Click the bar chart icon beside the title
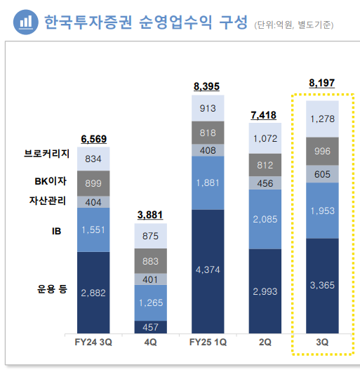[25, 22]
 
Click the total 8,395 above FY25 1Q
[206, 86]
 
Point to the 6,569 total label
[93, 139]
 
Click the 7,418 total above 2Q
[263, 114]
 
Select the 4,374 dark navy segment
[206, 270]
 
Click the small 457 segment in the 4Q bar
[150, 327]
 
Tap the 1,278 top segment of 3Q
[320, 117]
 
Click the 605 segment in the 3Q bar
[320, 174]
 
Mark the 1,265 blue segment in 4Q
[150, 303]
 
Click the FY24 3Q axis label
[93, 343]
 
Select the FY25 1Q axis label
[206, 343]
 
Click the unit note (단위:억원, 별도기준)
[293, 25]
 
